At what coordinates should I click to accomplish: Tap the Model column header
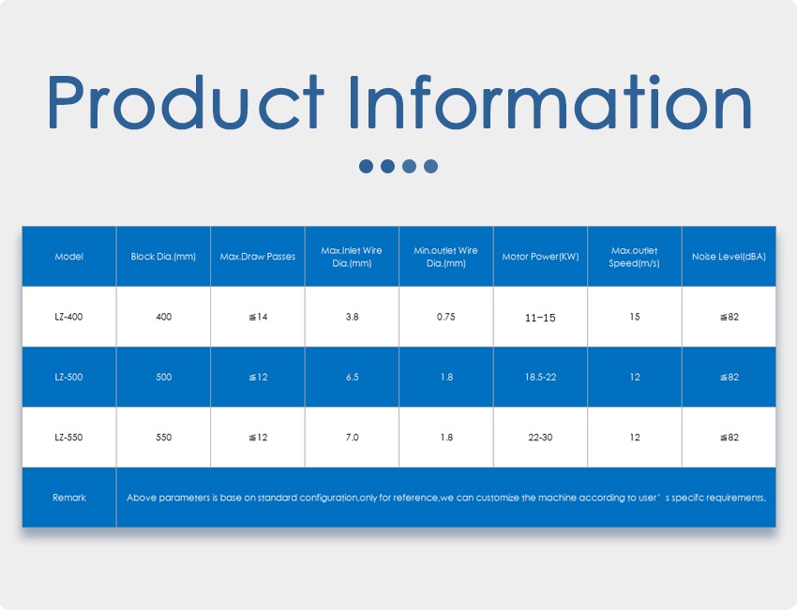click(69, 256)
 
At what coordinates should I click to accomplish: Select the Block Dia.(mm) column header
click(163, 256)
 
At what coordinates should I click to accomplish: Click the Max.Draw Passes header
click(258, 256)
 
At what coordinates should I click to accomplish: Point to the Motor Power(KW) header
click(540, 256)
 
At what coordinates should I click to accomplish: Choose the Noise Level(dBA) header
click(729, 256)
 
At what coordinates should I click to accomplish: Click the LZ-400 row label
click(69, 317)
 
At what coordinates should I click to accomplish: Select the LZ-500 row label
click(69, 377)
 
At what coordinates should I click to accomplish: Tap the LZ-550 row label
click(69, 438)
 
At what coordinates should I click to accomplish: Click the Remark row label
click(69, 498)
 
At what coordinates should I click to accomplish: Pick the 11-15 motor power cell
click(540, 318)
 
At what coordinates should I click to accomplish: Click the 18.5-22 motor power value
click(540, 377)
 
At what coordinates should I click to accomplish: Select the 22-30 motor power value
click(540, 438)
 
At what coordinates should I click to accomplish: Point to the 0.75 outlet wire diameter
click(446, 317)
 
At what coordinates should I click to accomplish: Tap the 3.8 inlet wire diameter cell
click(352, 317)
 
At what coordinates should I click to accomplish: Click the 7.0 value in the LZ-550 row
click(352, 438)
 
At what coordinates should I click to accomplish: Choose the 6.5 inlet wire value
click(352, 377)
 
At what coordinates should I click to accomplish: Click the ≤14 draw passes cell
click(258, 317)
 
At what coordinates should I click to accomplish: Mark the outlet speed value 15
click(635, 317)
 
